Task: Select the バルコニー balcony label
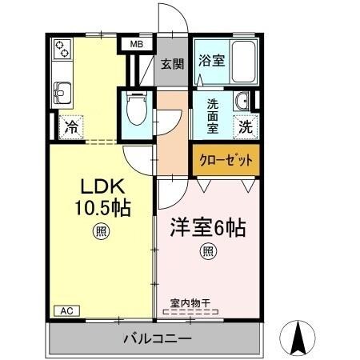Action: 157,338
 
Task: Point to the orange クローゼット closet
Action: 225,160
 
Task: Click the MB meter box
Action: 136,45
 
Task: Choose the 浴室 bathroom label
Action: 211,59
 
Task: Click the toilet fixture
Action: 137,107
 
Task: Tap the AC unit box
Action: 66,310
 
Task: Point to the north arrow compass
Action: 300,338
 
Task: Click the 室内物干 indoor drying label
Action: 189,304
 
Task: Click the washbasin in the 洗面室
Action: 242,102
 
